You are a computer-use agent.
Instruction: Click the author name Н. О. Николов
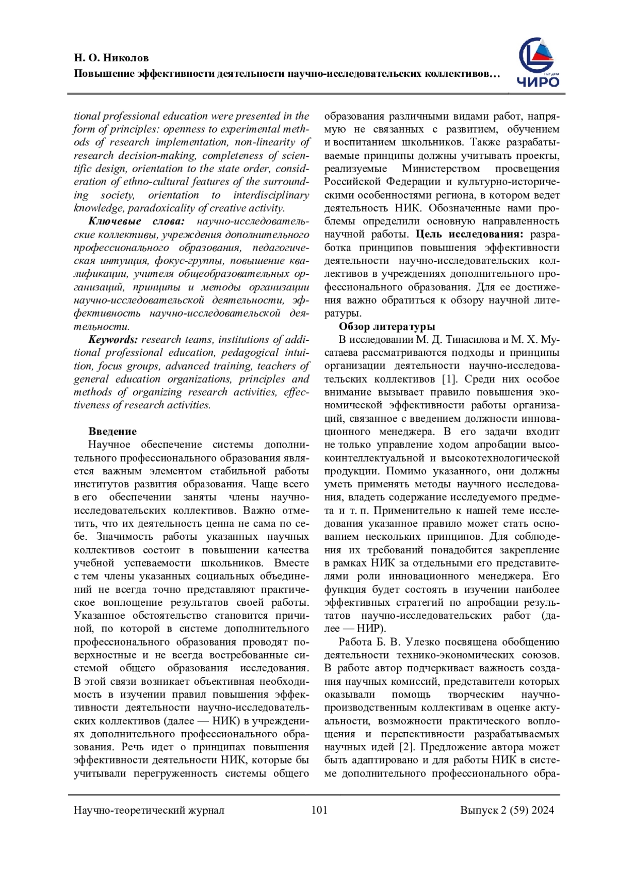coord(111,58)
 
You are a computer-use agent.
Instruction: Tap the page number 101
coord(319,810)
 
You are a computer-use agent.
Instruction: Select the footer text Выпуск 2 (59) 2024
coord(507,810)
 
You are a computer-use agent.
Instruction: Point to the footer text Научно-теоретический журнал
coord(149,810)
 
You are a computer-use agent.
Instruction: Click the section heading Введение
coord(112,432)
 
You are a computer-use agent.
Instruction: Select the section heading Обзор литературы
coord(387,326)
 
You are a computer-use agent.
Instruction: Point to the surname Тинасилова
coord(468,340)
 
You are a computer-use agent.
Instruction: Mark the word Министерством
coord(441,169)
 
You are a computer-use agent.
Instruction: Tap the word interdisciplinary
coord(271,195)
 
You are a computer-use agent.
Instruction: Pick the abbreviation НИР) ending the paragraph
coord(371,629)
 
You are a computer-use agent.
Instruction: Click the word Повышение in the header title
coord(104,74)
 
